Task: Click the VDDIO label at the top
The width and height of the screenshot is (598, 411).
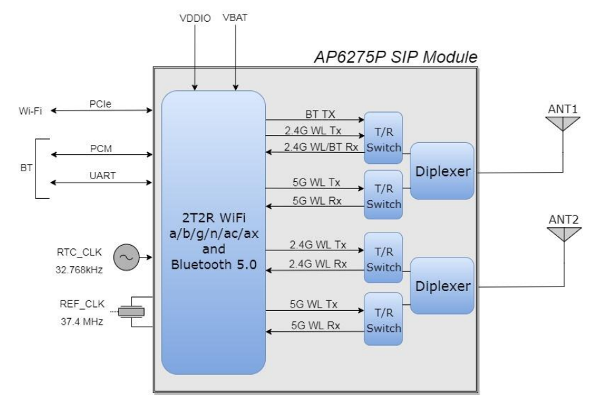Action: click(195, 18)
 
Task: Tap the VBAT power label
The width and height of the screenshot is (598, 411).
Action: click(235, 18)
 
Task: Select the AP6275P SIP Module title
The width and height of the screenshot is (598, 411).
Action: click(395, 57)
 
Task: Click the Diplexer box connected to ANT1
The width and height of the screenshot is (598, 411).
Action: click(442, 171)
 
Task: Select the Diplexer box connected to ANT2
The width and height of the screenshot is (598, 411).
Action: click(442, 286)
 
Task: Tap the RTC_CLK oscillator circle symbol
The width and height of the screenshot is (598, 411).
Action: click(126, 258)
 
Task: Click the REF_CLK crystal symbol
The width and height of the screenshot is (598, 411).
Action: click(131, 312)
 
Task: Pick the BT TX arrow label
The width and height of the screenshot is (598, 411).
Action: click(320, 114)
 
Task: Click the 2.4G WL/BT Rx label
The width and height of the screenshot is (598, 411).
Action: click(321, 147)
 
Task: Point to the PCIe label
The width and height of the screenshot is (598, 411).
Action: click(100, 104)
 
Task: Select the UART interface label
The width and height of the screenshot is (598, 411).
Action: click(102, 176)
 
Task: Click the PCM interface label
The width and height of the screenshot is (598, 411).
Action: click(101, 149)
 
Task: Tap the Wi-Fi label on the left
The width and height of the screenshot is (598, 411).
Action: click(30, 111)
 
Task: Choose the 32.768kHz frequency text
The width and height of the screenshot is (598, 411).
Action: click(79, 270)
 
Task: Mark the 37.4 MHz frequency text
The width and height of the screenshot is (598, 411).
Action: click(82, 321)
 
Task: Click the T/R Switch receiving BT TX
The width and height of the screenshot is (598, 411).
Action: click(384, 138)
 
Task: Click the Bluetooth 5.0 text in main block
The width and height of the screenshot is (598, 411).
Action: click(214, 264)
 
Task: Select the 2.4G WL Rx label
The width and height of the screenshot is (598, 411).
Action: click(318, 264)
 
